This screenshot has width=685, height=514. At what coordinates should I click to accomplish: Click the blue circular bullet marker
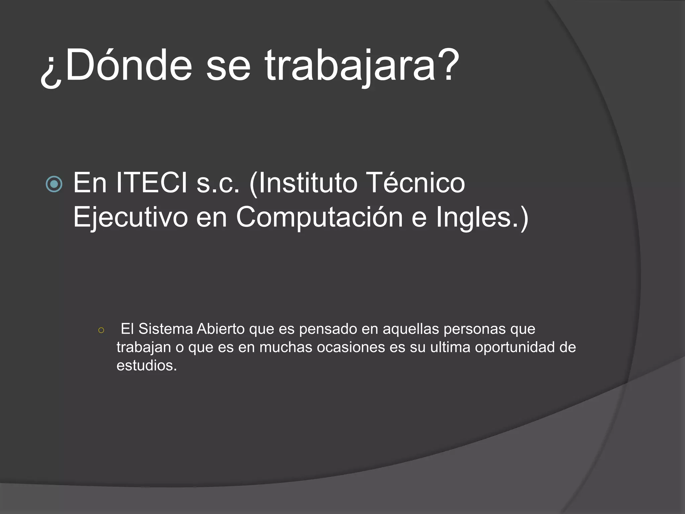54,184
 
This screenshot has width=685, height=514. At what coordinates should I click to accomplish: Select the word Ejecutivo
130,218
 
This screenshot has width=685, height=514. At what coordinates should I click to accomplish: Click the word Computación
319,218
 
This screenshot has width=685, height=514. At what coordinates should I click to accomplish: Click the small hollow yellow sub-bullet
101,330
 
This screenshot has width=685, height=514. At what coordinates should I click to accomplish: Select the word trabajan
143,348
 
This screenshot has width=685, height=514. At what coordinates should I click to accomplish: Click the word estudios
146,365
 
